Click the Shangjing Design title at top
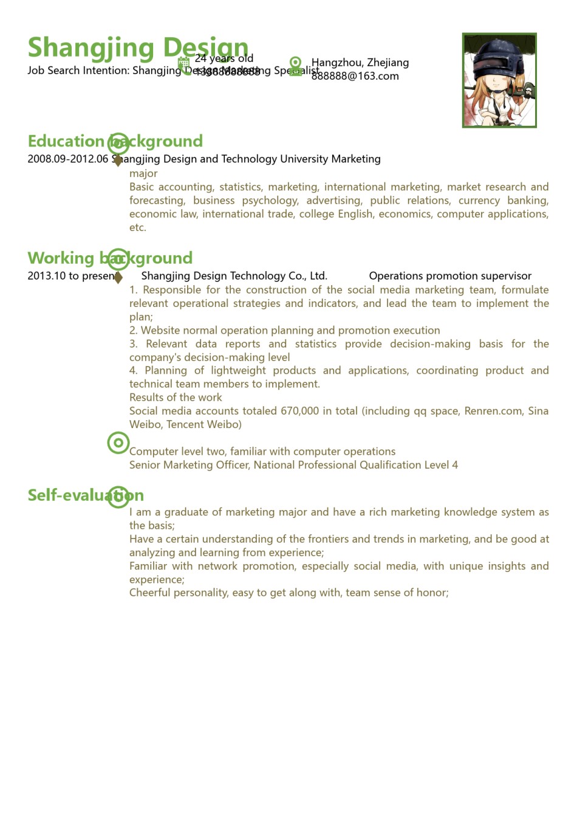pyautogui.click(x=138, y=47)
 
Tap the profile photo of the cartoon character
pyautogui.click(x=499, y=80)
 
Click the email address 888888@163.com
pyautogui.click(x=355, y=76)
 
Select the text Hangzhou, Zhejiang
pyautogui.click(x=360, y=63)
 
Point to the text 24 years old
pyautogui.click(x=224, y=58)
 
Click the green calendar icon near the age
pyautogui.click(x=183, y=63)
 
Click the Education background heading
pyautogui.click(x=115, y=141)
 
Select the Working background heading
pyautogui.click(x=110, y=258)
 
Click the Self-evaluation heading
pyautogui.click(x=86, y=495)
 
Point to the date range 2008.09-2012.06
pyautogui.click(x=67, y=159)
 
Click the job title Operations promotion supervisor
pyautogui.click(x=450, y=276)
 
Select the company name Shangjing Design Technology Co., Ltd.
pyautogui.click(x=234, y=276)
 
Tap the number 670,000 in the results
pyautogui.click(x=299, y=411)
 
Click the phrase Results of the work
pyautogui.click(x=176, y=398)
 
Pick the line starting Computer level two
pyautogui.click(x=262, y=451)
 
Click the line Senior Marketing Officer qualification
pyautogui.click(x=293, y=465)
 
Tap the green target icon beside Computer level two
pyautogui.click(x=118, y=443)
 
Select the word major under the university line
pyautogui.click(x=143, y=173)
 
